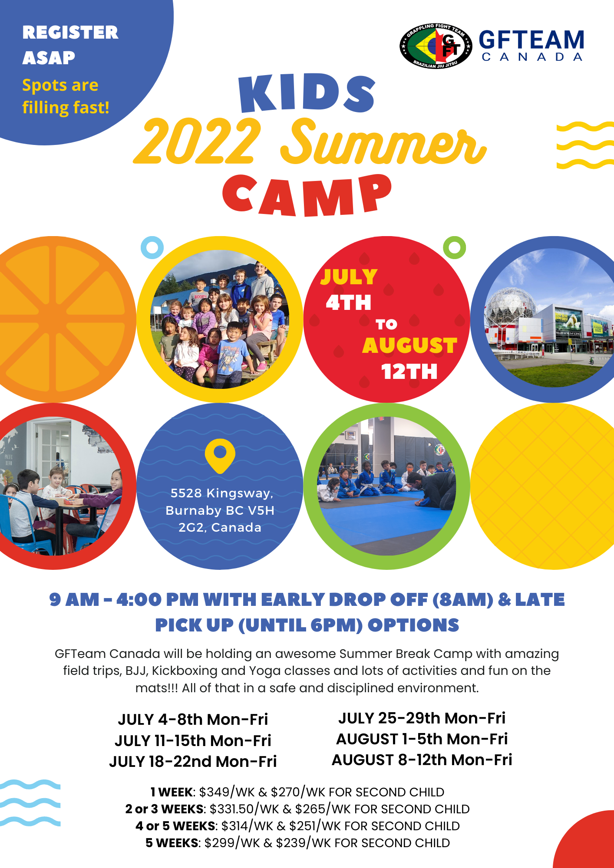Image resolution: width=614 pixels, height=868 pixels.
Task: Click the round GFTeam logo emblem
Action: coord(436,46)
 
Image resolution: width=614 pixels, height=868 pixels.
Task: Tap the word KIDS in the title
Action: coord(307,93)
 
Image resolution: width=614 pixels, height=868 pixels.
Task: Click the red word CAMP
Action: coord(307,195)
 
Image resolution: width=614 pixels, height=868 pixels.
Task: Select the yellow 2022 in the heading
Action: coord(198,141)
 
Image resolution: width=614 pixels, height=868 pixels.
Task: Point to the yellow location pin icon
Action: coord(220,456)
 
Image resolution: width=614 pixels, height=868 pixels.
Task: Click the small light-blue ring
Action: coord(152,248)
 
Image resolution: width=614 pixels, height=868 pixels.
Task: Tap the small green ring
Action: coord(454,248)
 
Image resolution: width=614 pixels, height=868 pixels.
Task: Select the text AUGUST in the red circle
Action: coord(409,346)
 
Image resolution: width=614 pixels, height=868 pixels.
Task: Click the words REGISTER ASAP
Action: coord(70,45)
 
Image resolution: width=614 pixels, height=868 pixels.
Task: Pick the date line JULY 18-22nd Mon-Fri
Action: coord(193,761)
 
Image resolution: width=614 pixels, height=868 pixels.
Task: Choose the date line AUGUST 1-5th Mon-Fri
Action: coord(422,739)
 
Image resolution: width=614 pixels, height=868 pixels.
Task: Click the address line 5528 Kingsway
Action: coord(222,493)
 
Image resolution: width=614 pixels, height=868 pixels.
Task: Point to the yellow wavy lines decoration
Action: coord(585,145)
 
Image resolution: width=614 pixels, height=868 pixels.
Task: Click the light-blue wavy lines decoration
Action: coord(30,803)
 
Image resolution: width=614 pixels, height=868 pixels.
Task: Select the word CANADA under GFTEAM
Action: coord(532,57)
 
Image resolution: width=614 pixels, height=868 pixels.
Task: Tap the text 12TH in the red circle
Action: coord(409,372)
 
